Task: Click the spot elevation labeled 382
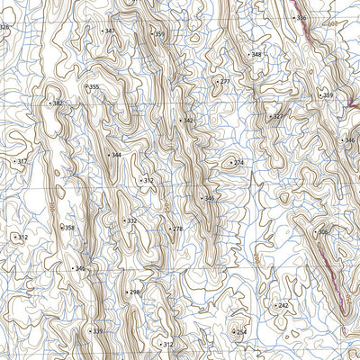(58, 103)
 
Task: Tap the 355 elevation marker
(93, 87)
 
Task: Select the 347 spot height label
(109, 31)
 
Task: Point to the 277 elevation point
(223, 82)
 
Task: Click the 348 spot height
(256, 55)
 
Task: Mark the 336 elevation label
(300, 18)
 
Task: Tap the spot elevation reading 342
(187, 121)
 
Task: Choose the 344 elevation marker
(114, 155)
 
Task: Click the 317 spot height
(22, 161)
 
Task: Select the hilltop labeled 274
(238, 163)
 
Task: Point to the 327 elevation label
(276, 116)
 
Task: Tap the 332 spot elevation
(130, 220)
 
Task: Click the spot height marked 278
(176, 229)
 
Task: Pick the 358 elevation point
(68, 228)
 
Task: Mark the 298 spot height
(134, 292)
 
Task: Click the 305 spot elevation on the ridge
(322, 231)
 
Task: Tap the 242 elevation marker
(282, 306)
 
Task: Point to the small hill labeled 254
(239, 332)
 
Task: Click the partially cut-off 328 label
(4, 27)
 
